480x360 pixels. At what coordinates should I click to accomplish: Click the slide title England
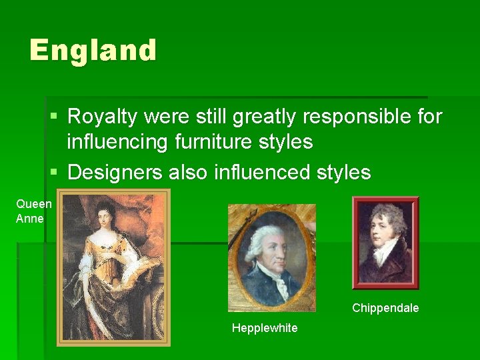(93, 51)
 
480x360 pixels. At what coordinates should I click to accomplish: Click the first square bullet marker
(55, 117)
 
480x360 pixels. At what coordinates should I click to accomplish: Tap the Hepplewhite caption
(265, 328)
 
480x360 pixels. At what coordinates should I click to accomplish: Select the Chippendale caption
(385, 308)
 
